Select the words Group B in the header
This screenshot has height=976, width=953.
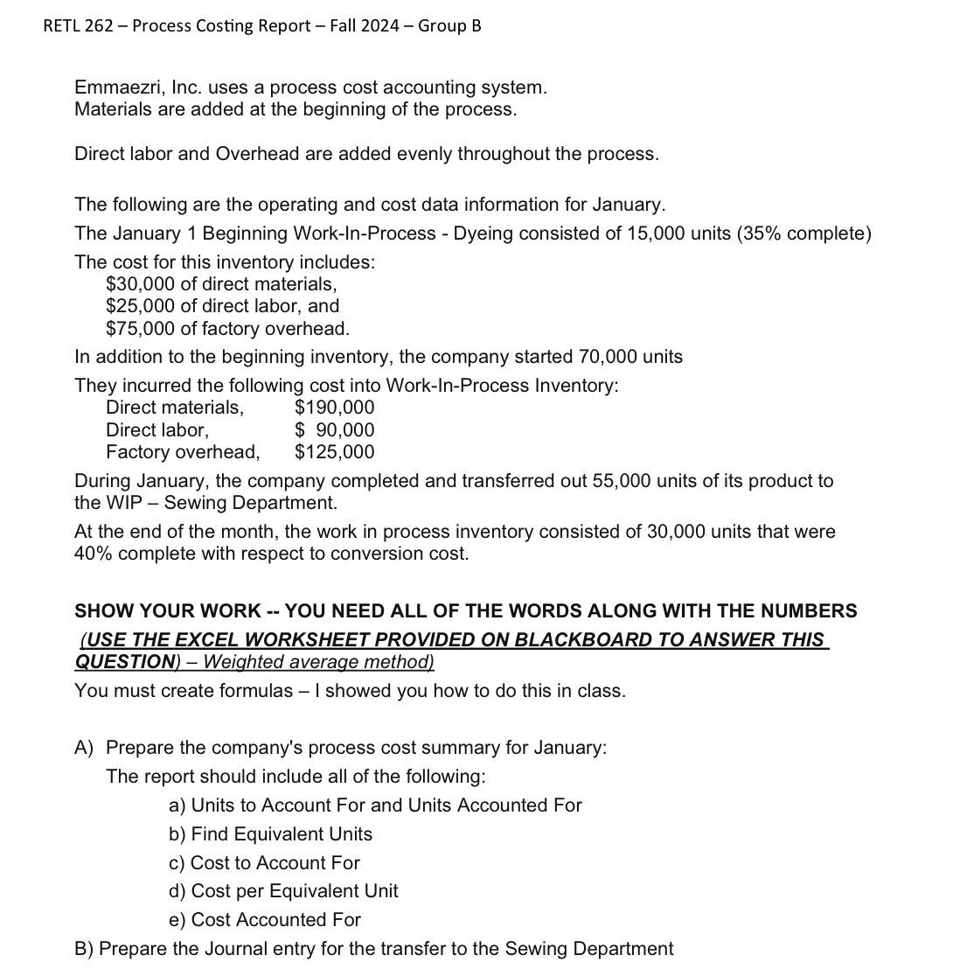click(449, 25)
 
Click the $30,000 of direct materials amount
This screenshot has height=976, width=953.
click(140, 284)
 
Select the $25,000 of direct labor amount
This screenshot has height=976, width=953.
click(140, 306)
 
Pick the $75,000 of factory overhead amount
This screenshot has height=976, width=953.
click(140, 329)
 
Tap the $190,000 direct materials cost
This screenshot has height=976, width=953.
click(335, 408)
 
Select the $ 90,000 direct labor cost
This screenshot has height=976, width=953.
click(335, 430)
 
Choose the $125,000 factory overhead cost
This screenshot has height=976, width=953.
click(335, 452)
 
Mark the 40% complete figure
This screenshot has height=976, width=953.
click(94, 554)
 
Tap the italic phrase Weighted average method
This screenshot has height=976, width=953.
click(318, 662)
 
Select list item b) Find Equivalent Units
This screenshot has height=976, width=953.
click(270, 834)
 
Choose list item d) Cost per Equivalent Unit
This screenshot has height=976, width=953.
click(283, 891)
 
